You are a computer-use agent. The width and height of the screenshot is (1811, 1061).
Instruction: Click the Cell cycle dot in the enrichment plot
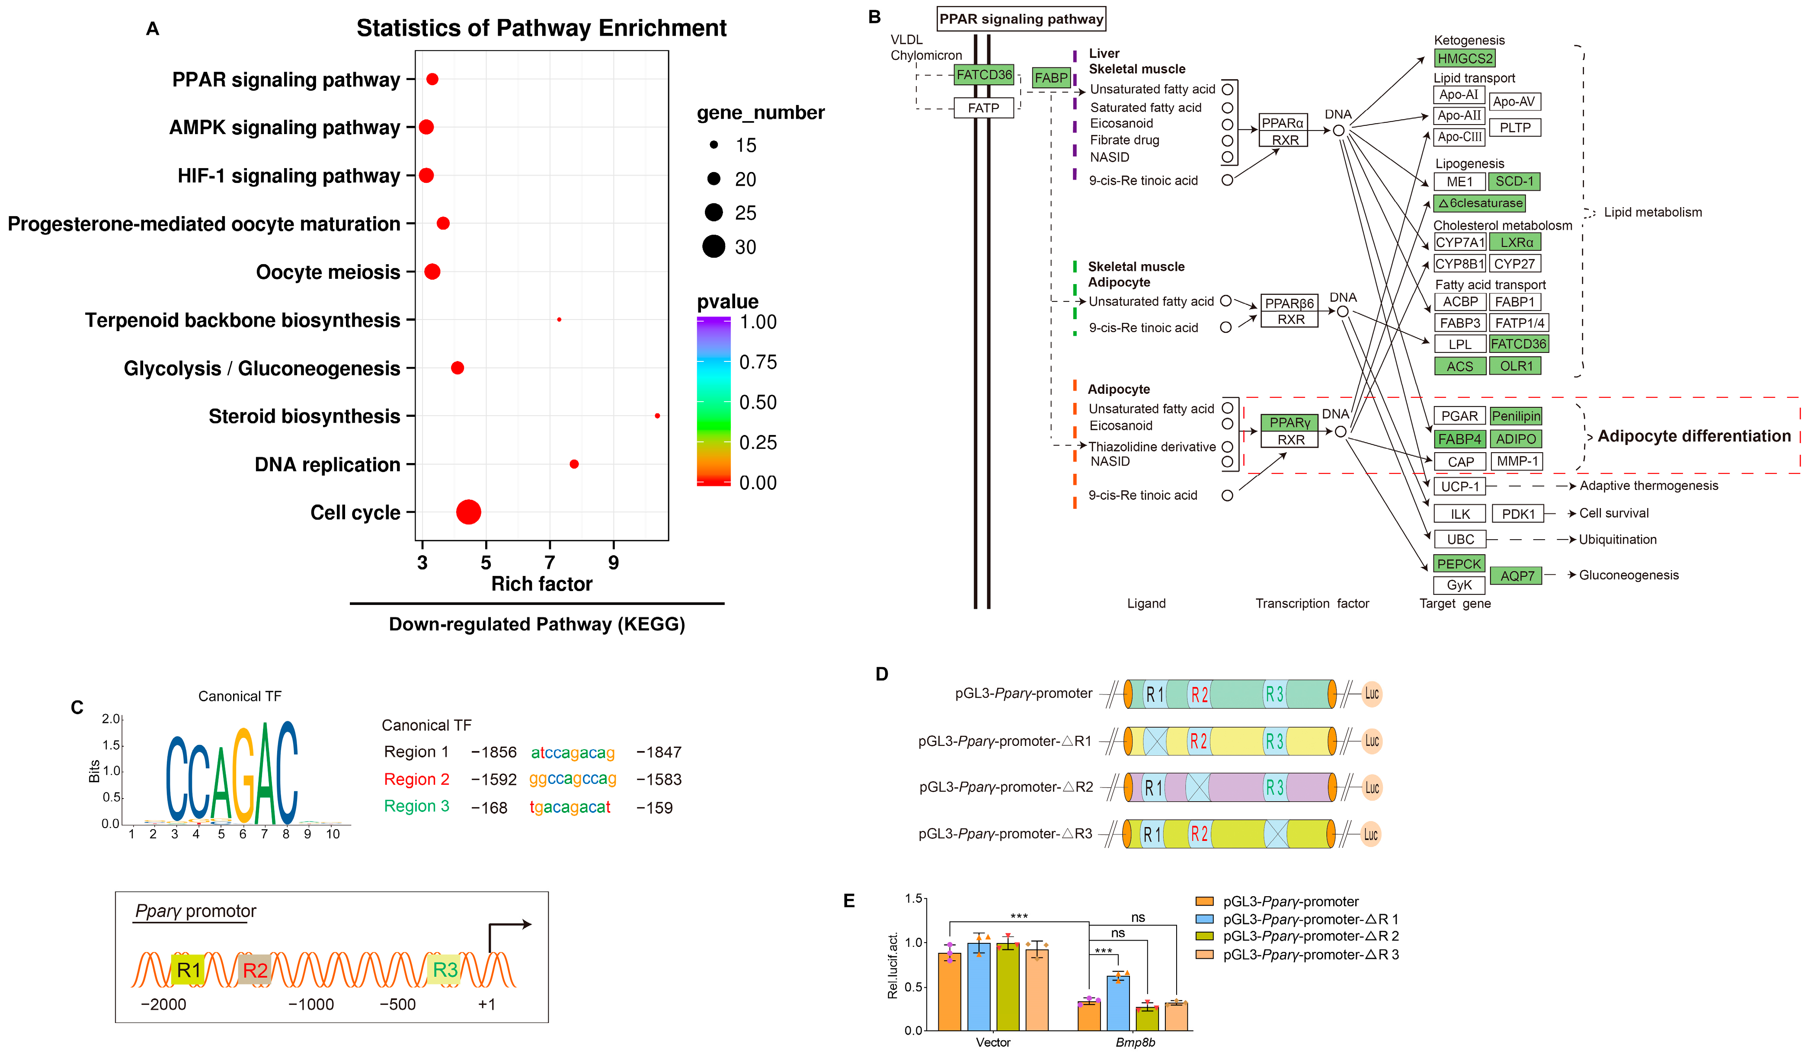pos(469,512)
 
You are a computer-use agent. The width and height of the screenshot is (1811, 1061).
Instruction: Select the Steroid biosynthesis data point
pos(658,416)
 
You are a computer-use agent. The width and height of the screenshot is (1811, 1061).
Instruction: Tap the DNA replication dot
pos(574,464)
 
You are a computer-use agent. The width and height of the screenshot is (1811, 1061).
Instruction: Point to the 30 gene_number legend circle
pos(714,246)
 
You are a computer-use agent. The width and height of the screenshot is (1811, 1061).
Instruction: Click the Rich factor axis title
pos(542,584)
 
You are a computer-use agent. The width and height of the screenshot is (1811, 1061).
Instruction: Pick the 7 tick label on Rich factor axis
pos(550,562)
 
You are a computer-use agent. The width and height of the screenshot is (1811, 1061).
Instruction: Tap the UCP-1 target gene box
pos(1459,486)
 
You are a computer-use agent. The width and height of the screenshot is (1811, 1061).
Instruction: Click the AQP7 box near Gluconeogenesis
pos(1517,575)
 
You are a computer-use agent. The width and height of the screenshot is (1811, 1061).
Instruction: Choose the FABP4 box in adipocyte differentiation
pos(1459,439)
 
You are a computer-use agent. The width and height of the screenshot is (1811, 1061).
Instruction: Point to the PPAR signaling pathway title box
pos(1021,19)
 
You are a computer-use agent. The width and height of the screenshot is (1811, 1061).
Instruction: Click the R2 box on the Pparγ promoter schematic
pos(255,970)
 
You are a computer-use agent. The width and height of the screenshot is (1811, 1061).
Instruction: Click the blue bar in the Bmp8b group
pos(1118,1002)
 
